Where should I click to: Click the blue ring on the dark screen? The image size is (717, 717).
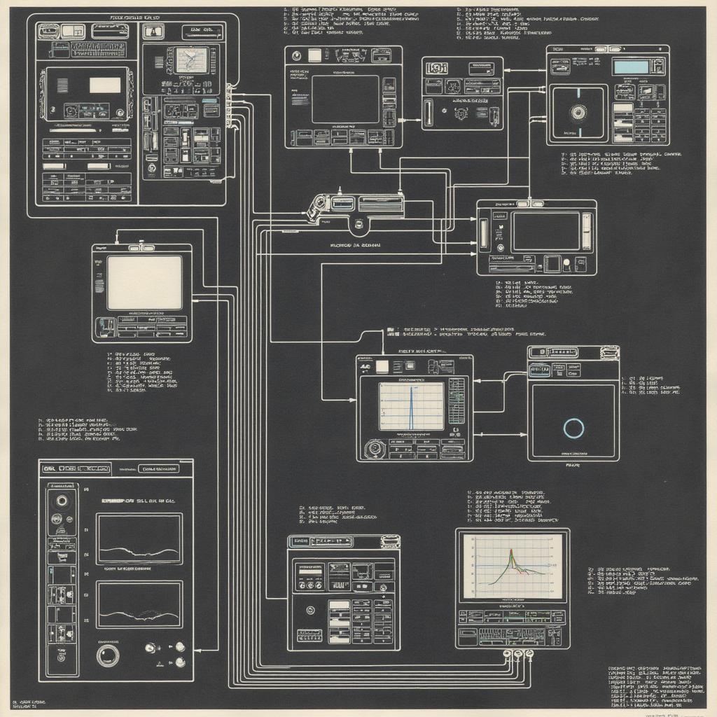pyautogui.click(x=573, y=428)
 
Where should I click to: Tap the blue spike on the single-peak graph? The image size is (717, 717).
pyautogui.click(x=411, y=406)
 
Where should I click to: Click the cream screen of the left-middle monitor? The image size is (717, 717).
pyautogui.click(x=144, y=282)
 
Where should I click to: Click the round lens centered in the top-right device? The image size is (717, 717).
pyautogui.click(x=578, y=111)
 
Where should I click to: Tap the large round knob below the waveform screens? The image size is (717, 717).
pyautogui.click(x=108, y=655)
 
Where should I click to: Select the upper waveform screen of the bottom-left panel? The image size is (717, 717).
pyautogui.click(x=139, y=538)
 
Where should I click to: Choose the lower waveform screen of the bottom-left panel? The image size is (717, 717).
pyautogui.click(x=139, y=604)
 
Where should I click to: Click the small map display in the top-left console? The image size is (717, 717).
pyautogui.click(x=191, y=61)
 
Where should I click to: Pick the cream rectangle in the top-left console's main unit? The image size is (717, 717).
pyautogui.click(x=105, y=85)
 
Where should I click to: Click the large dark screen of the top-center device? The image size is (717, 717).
pyautogui.click(x=344, y=99)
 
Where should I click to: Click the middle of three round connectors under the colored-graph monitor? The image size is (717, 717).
pyautogui.click(x=518, y=654)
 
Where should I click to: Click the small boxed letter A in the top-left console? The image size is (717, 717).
pyautogui.click(x=153, y=31)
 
